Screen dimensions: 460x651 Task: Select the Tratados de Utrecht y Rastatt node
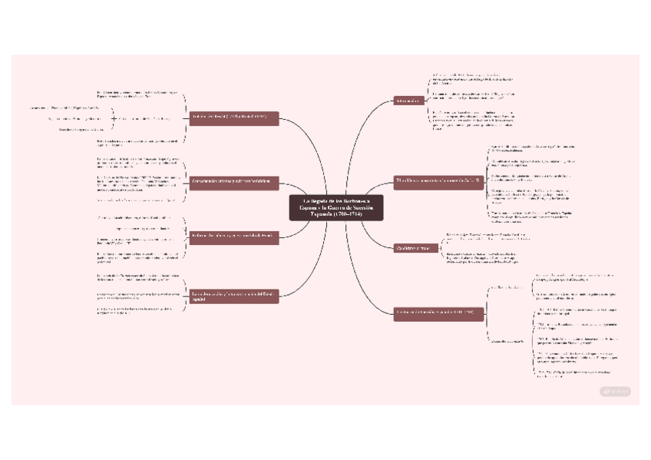[x=234, y=118]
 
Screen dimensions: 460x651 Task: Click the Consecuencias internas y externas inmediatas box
[x=234, y=181]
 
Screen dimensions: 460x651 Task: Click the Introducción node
[x=407, y=101]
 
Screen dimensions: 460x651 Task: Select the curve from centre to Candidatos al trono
[x=376, y=234]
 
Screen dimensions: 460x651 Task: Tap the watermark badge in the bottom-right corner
[x=615, y=392]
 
